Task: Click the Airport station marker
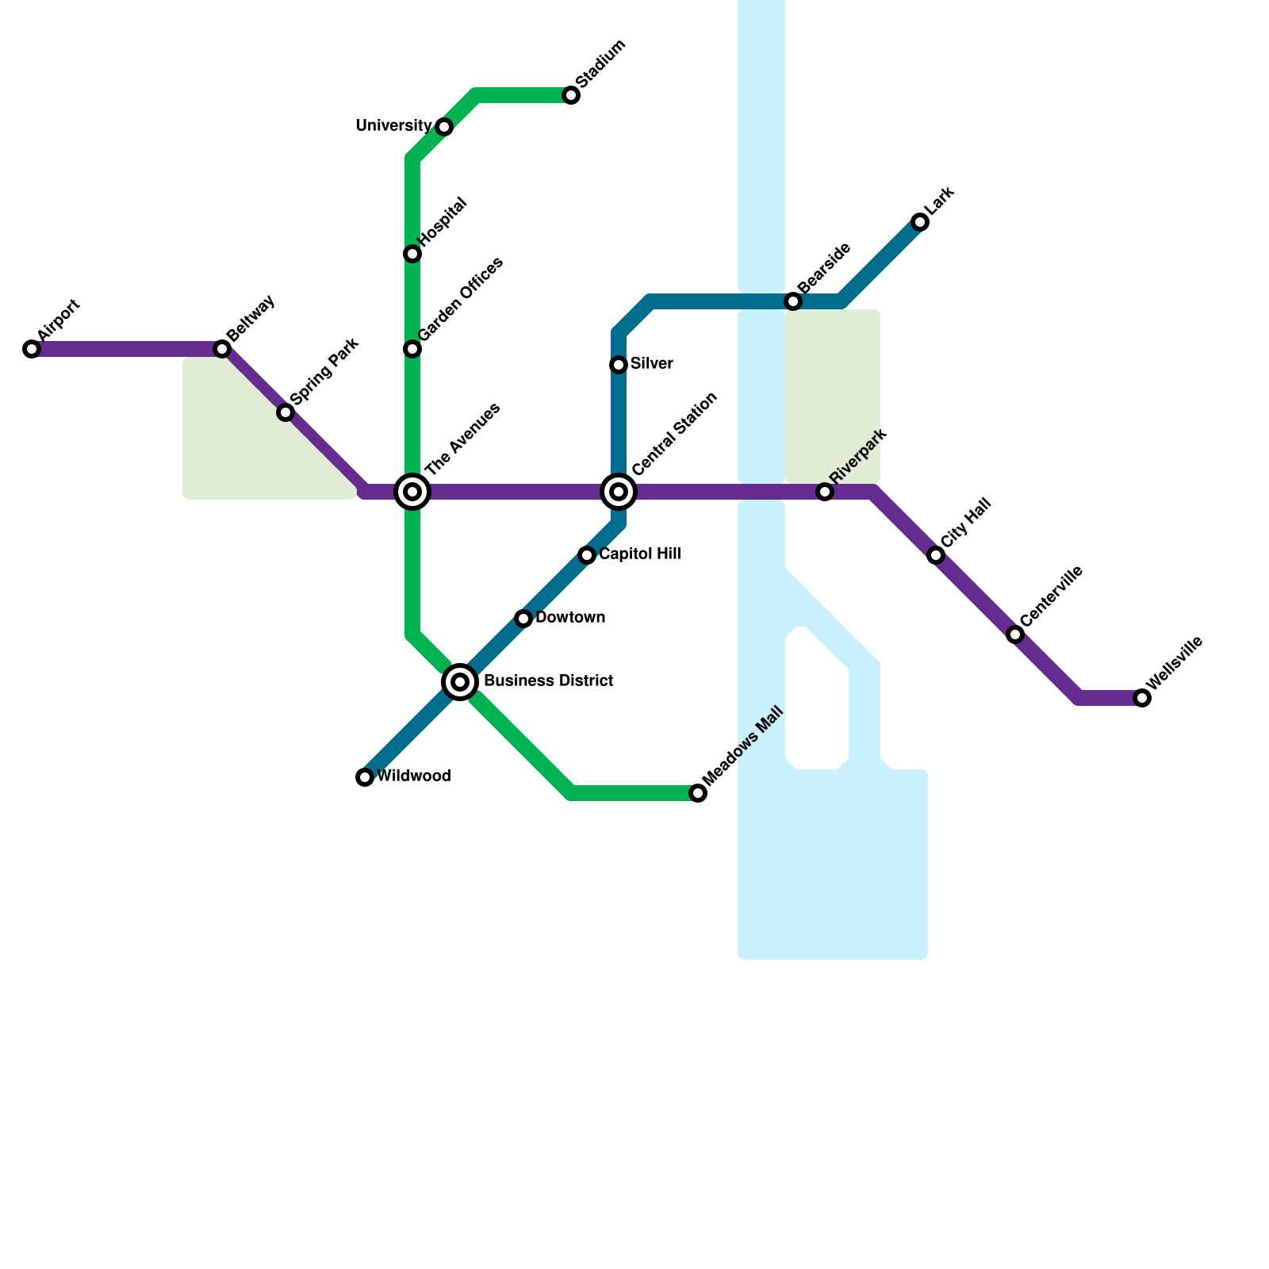(x=32, y=349)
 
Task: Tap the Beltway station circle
(x=222, y=349)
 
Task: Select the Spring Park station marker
(x=286, y=412)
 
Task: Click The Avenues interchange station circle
(x=412, y=492)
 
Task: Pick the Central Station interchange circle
(x=619, y=492)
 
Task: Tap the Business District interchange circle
(x=460, y=681)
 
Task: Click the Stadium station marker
(x=571, y=96)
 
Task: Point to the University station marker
(x=444, y=127)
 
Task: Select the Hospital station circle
(x=412, y=254)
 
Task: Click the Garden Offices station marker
(x=412, y=349)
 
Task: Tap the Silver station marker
(x=619, y=365)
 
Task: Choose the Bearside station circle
(x=793, y=301)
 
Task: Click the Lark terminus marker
(x=920, y=222)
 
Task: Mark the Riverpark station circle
(x=825, y=492)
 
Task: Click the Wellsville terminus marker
(x=1142, y=698)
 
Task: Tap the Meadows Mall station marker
(x=698, y=793)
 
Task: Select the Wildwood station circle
(x=365, y=777)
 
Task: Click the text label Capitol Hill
(x=640, y=554)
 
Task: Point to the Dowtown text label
(x=570, y=618)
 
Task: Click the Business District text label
(x=548, y=681)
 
